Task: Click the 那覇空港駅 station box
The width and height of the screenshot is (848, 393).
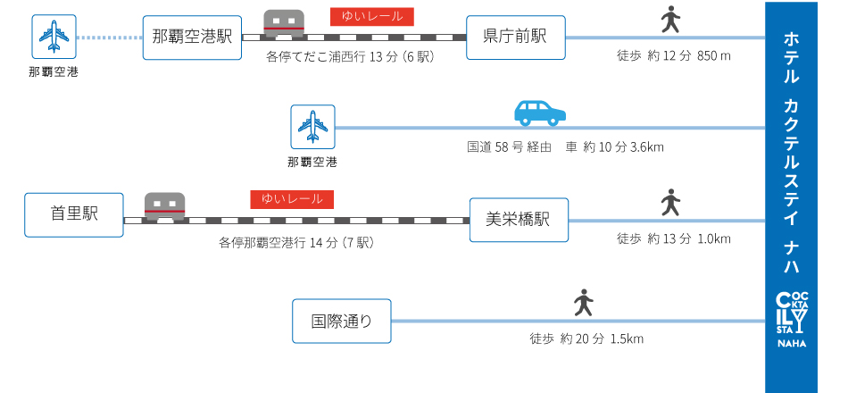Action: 192,37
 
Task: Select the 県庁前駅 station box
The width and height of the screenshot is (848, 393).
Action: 515,37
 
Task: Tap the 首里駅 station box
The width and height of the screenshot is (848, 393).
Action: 74,214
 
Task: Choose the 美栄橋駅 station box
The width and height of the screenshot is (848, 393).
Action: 519,219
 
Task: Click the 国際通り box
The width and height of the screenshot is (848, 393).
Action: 342,321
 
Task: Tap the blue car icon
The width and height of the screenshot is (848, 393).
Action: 540,113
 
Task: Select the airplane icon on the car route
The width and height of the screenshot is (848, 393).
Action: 312,127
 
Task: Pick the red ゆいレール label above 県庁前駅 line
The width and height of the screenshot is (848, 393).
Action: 372,15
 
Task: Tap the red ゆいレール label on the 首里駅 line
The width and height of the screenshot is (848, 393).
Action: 292,198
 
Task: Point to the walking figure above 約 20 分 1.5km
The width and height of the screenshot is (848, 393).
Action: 584,303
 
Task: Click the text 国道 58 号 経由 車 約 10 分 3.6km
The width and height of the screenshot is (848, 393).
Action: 565,146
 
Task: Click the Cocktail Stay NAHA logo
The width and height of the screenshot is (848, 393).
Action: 791,320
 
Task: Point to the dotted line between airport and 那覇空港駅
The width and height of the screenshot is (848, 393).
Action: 108,38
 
